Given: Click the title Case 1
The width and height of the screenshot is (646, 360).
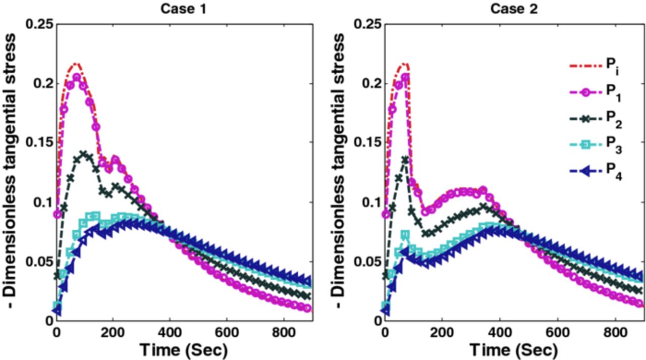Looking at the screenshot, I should pyautogui.click(x=184, y=9).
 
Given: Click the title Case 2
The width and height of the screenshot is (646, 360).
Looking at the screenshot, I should pyautogui.click(x=513, y=9).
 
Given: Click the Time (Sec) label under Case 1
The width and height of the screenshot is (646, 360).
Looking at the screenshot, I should pyautogui.click(x=183, y=349).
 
